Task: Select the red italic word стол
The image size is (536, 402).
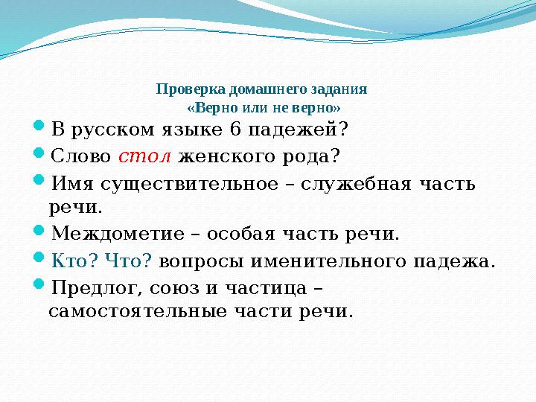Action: [145, 156]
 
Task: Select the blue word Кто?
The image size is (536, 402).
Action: [74, 261]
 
